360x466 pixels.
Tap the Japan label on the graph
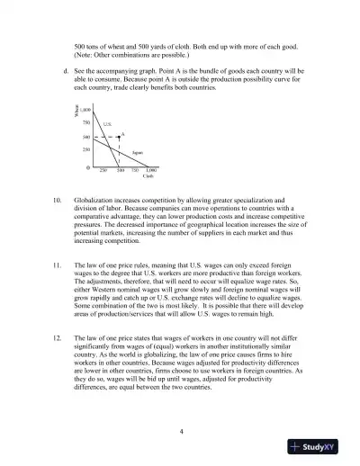[137, 153]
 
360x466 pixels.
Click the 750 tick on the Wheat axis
[85, 121]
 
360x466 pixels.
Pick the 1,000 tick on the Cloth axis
[150, 170]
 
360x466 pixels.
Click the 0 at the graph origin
[87, 168]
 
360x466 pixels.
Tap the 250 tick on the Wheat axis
[85, 149]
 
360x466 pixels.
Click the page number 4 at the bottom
[181, 431]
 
